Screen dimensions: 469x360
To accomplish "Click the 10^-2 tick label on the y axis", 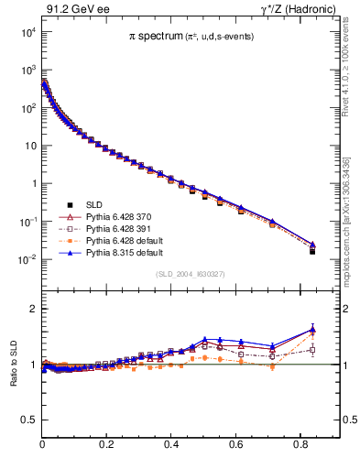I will tap(27, 259).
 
